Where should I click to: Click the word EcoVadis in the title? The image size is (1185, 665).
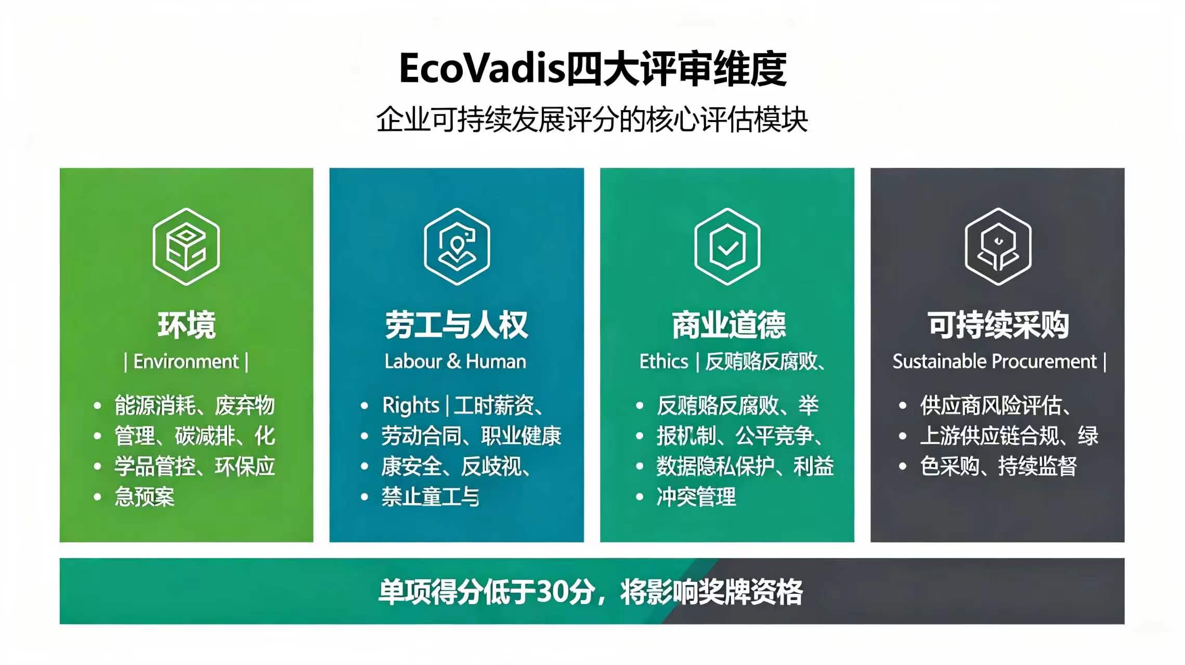click(x=481, y=69)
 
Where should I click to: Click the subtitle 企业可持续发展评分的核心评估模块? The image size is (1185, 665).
click(x=592, y=120)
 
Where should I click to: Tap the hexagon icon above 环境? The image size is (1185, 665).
click(x=186, y=247)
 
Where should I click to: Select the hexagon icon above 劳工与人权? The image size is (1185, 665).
click(x=457, y=247)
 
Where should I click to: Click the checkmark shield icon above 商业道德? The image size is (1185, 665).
click(x=727, y=247)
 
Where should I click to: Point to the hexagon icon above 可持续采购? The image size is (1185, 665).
click(x=998, y=247)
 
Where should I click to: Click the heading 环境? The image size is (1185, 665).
click(x=187, y=325)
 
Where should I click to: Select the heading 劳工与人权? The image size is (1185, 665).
click(x=457, y=325)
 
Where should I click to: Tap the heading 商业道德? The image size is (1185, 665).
click(x=728, y=325)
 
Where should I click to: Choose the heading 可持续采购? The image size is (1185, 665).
click(x=998, y=325)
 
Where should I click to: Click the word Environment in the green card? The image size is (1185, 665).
click(x=186, y=362)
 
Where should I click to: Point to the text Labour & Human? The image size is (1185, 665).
click(x=455, y=362)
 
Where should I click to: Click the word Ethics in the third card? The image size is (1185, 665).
click(x=664, y=362)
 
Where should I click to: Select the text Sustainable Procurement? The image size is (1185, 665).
click(x=995, y=362)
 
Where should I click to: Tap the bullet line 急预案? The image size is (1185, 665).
click(x=145, y=497)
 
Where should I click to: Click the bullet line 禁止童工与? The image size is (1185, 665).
click(x=431, y=497)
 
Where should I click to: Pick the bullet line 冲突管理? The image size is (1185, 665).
click(x=696, y=497)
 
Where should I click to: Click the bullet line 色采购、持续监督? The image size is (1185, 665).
click(x=998, y=466)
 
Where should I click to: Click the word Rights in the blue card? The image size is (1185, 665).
click(x=411, y=406)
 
